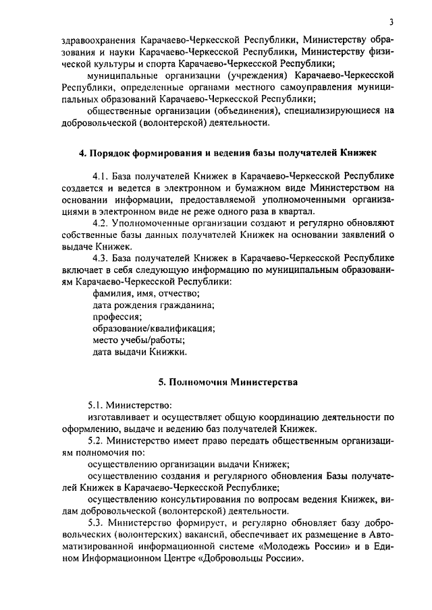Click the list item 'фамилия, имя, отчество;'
[146, 293]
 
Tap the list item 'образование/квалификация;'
[153, 328]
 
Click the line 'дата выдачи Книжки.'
[139, 351]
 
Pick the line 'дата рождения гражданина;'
[153, 304]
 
